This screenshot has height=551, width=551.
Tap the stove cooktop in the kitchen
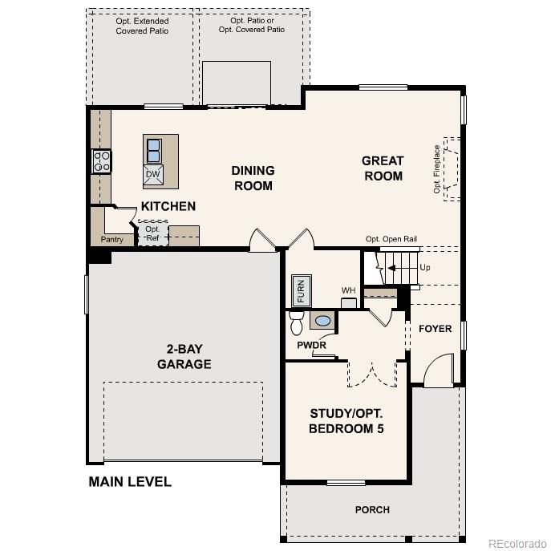tap(102, 161)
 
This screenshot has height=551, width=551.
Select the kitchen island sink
tap(153, 150)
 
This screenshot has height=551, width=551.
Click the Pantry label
tap(111, 239)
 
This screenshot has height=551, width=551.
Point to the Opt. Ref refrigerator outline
tap(152, 233)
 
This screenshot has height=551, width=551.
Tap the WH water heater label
tap(348, 290)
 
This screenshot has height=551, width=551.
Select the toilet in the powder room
tap(296, 322)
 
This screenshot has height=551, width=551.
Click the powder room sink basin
tap(322, 321)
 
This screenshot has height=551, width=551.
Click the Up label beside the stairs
tap(424, 267)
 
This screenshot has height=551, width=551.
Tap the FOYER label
tap(435, 329)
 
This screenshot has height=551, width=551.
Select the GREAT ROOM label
tap(383, 168)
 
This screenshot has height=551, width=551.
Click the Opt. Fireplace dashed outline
tap(449, 168)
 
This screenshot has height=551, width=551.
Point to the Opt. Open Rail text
tap(391, 239)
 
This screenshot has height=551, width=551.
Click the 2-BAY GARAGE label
tap(184, 356)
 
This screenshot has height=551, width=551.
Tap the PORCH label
tap(372, 509)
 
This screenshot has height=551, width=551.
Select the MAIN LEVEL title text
tap(129, 482)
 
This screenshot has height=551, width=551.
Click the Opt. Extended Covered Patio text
tap(142, 25)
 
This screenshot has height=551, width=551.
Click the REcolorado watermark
tap(516, 541)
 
